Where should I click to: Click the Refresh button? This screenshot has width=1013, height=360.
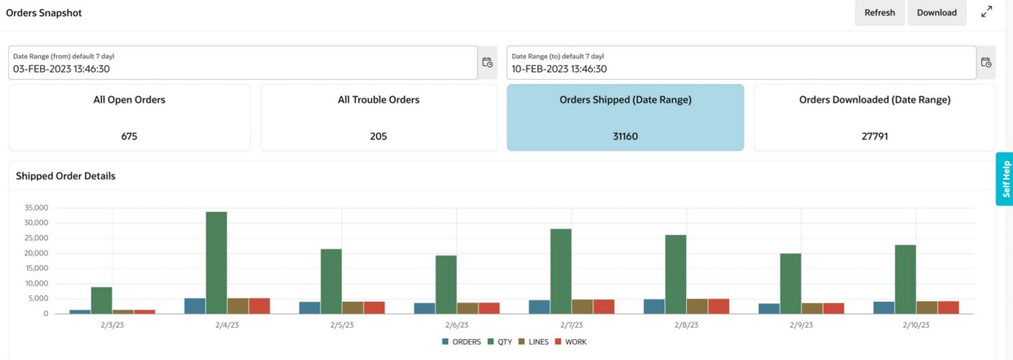pyautogui.click(x=879, y=13)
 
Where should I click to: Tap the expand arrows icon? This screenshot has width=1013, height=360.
pyautogui.click(x=986, y=12)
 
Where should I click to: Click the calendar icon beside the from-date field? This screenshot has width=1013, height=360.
pyautogui.click(x=487, y=63)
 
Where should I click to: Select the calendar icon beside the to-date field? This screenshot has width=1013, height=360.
pyautogui.click(x=986, y=63)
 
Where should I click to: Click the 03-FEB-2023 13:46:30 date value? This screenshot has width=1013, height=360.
pyautogui.click(x=61, y=69)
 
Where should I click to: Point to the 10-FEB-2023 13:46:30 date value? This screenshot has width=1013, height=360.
pyautogui.click(x=559, y=69)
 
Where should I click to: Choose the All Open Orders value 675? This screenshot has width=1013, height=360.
pyautogui.click(x=130, y=136)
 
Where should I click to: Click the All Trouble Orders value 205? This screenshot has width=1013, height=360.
pyautogui.click(x=378, y=136)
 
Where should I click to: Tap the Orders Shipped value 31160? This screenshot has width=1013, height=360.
pyautogui.click(x=625, y=136)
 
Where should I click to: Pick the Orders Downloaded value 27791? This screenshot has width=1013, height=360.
pyautogui.click(x=875, y=136)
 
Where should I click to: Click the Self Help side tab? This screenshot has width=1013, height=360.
pyautogui.click(x=1005, y=179)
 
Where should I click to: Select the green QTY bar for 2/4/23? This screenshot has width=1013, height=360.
pyautogui.click(x=216, y=263)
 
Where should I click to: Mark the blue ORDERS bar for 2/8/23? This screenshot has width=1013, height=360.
pyautogui.click(x=654, y=306)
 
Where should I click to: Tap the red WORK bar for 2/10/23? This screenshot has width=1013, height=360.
pyautogui.click(x=948, y=307)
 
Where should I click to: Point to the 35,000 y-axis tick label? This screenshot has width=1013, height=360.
pyautogui.click(x=35, y=208)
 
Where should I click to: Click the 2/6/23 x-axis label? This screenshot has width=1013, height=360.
pyautogui.click(x=456, y=325)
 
